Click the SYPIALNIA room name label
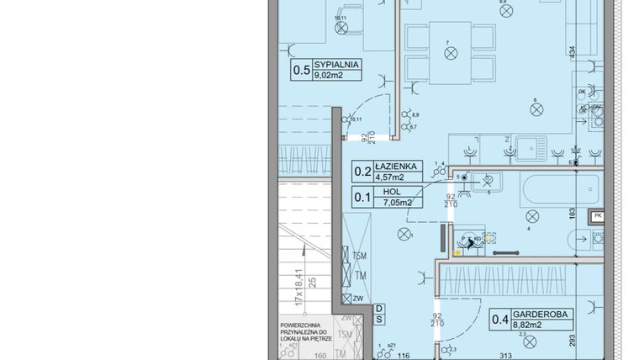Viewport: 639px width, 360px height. [x=336, y=64]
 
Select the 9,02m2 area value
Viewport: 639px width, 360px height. [x=330, y=75]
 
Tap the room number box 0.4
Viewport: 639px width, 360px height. [x=500, y=319]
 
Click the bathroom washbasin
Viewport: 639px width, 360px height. [x=486, y=180]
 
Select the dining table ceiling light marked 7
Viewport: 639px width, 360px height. [x=449, y=52]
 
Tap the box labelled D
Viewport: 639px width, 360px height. [x=379, y=308]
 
